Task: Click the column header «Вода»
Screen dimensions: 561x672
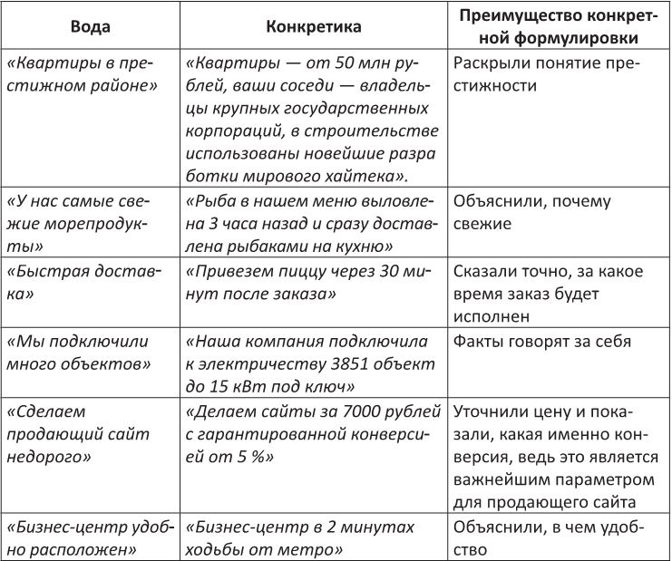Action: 91,27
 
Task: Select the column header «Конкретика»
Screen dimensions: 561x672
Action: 314,27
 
